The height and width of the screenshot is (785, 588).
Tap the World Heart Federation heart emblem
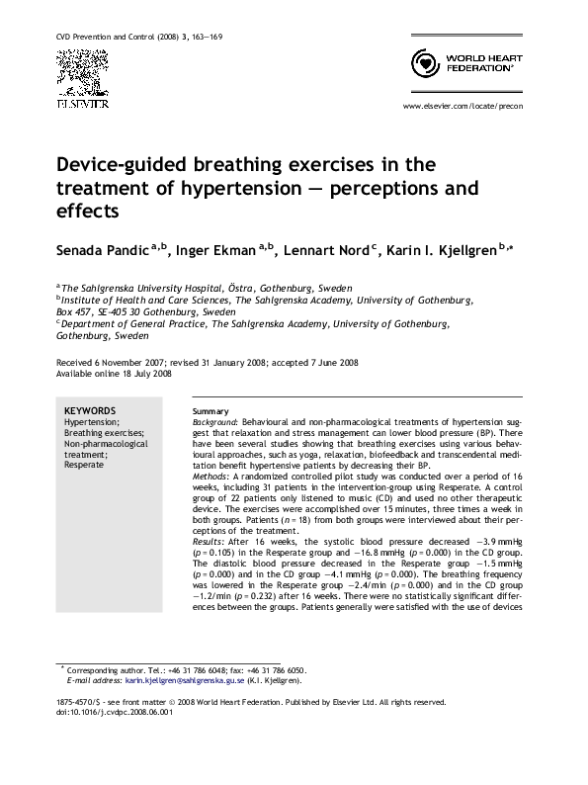pyautogui.click(x=423, y=65)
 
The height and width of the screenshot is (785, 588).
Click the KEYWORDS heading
pyautogui.click(x=90, y=410)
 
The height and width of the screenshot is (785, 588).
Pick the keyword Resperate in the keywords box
pyautogui.click(x=84, y=465)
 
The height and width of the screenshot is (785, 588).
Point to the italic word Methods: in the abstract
pyautogui.click(x=210, y=477)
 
